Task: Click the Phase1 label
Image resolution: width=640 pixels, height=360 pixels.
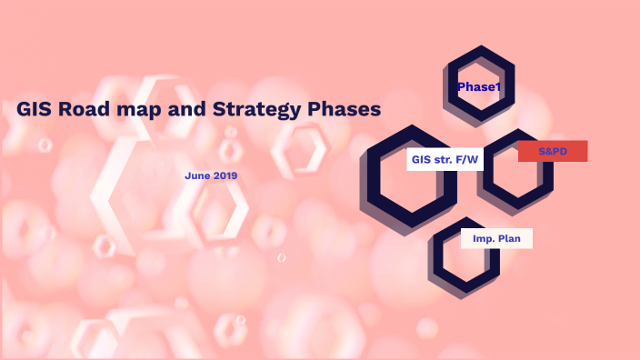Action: coord(479,86)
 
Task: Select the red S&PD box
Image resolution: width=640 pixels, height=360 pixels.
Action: coord(553,151)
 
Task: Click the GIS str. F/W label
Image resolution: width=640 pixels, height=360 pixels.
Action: coord(445,159)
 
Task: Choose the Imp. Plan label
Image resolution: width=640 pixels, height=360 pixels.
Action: coord(495,238)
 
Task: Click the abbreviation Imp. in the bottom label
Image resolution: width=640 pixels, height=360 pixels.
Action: coord(482,238)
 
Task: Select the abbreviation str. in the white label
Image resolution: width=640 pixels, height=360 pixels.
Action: coord(444,159)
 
